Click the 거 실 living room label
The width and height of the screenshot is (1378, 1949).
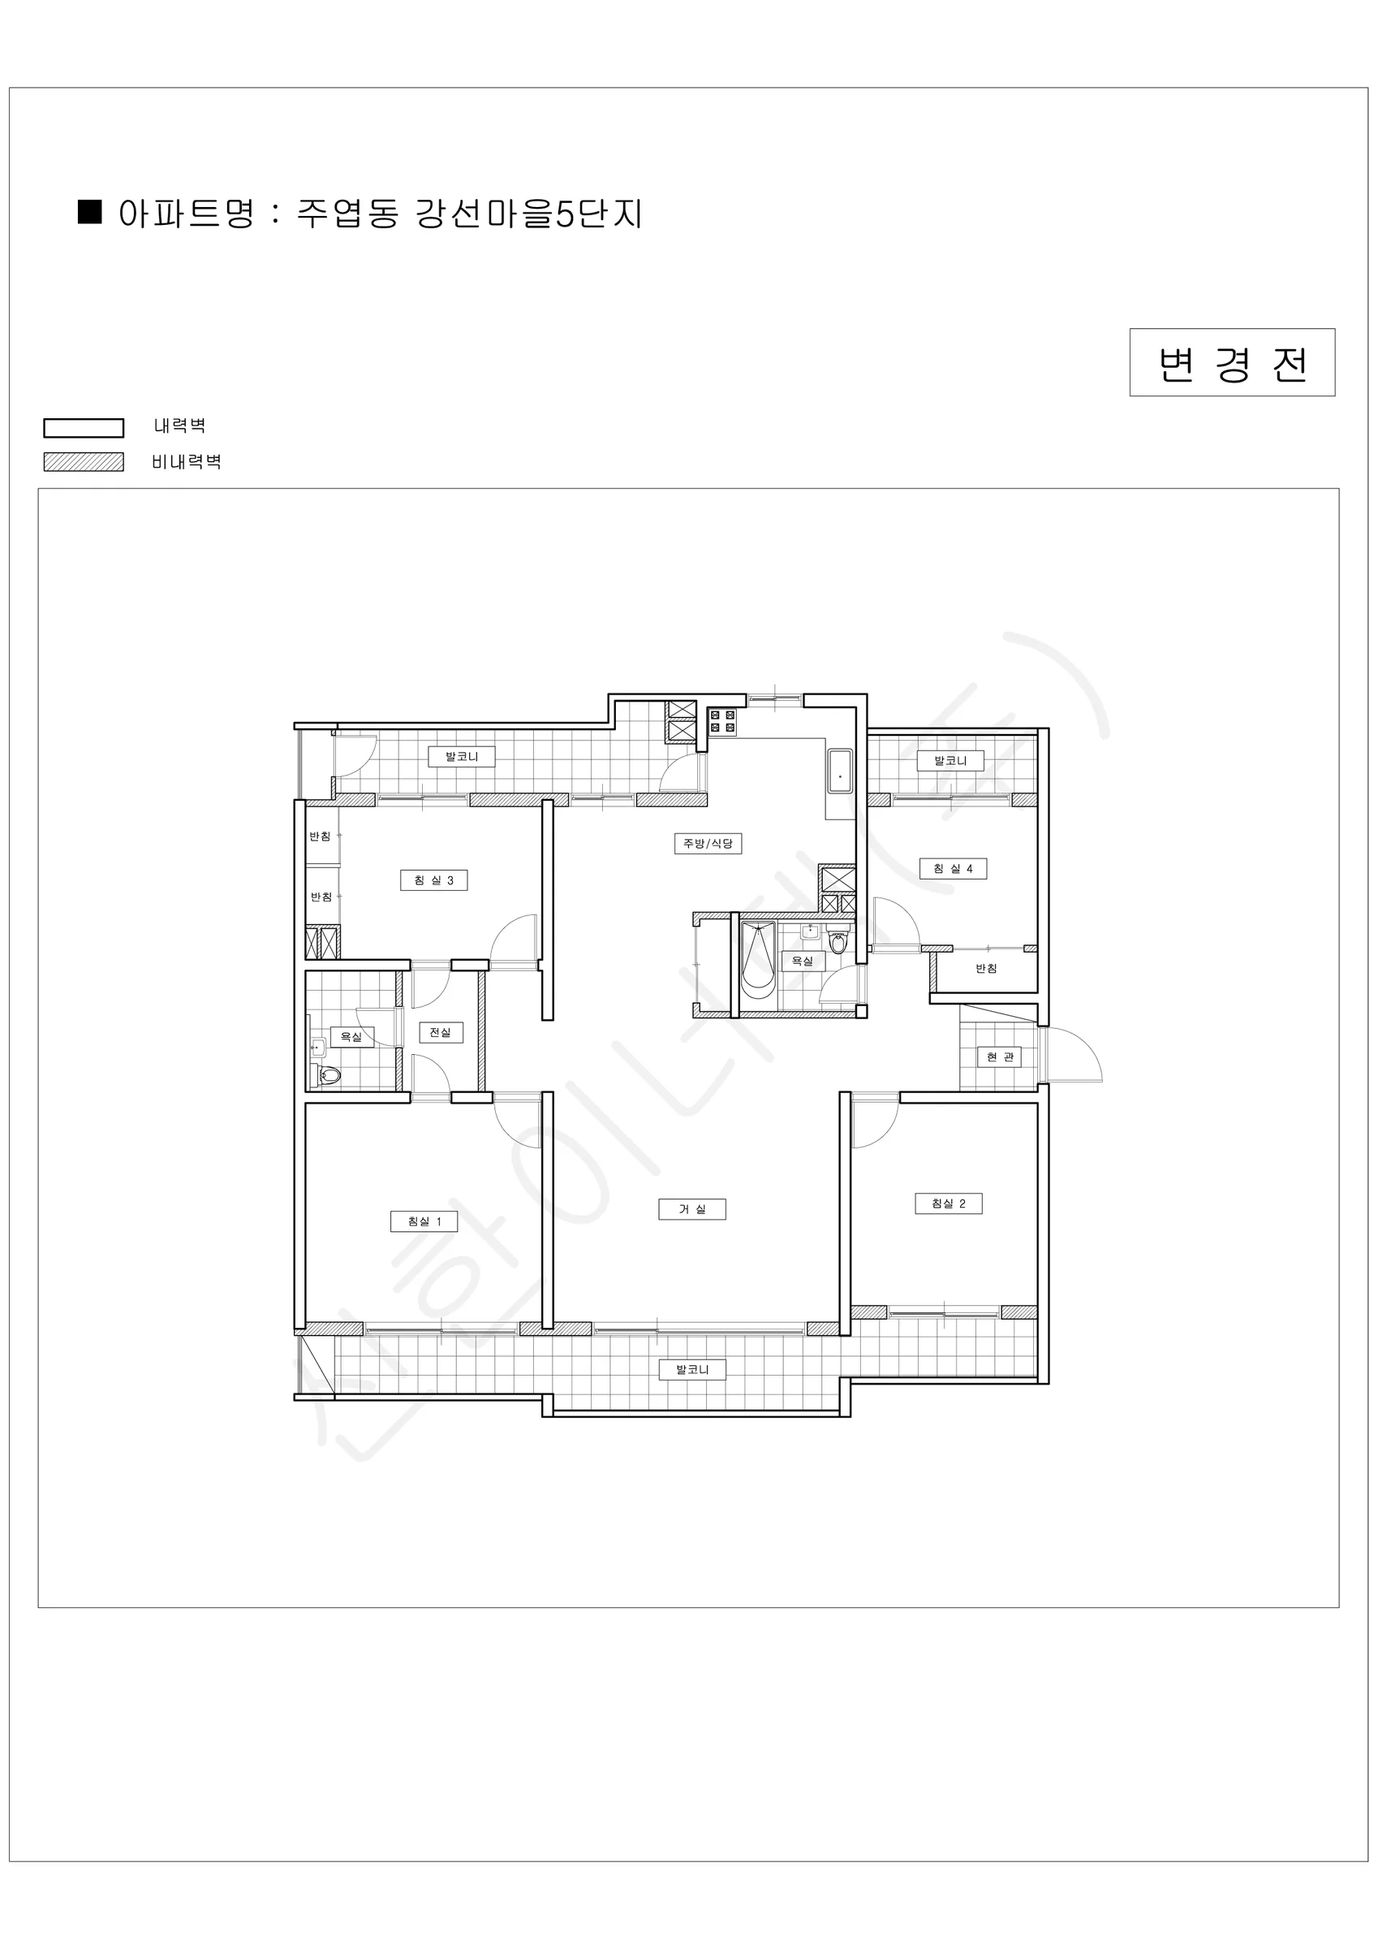[691, 1209]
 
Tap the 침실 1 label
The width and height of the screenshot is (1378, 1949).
[424, 1221]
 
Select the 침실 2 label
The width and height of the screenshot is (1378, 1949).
[949, 1203]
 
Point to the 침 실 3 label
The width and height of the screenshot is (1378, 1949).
[433, 879]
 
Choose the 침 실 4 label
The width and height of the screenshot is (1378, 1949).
[953, 867]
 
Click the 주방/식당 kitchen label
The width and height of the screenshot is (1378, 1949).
[708, 843]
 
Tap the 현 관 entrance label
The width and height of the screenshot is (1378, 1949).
[1000, 1056]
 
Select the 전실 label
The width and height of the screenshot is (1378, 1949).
[441, 1032]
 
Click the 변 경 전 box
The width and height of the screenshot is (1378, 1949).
[1232, 362]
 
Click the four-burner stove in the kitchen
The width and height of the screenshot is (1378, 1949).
[723, 723]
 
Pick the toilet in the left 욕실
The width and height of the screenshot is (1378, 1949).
[328, 1075]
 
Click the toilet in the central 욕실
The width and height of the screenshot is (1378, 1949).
[838, 943]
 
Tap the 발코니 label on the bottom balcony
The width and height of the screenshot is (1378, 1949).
[692, 1368]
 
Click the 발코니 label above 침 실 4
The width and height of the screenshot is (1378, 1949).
[950, 760]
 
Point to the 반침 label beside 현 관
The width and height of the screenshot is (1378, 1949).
[986, 968]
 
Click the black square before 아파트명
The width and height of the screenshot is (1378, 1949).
[90, 211]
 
